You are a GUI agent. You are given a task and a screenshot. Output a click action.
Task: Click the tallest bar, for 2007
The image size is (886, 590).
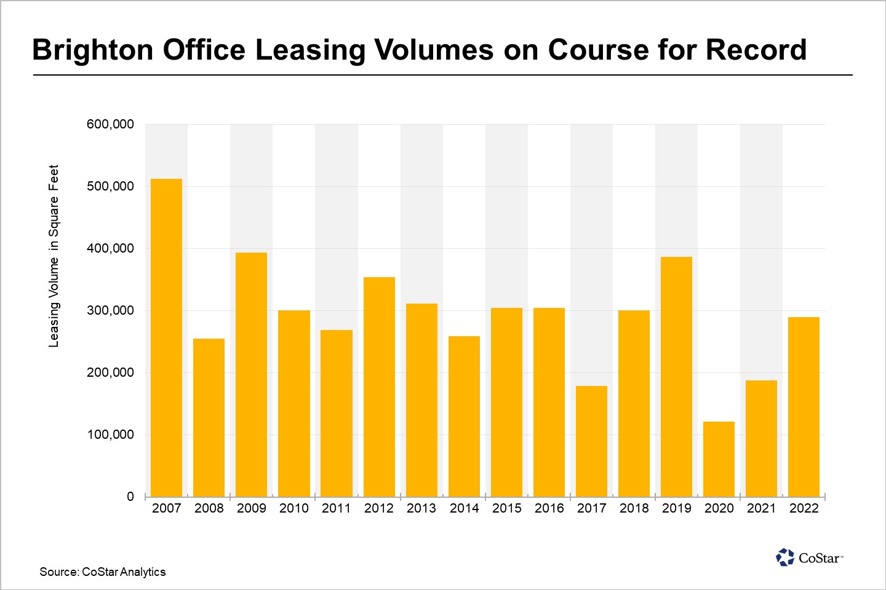[166, 337]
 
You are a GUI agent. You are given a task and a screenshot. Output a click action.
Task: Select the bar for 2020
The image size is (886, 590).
[719, 458]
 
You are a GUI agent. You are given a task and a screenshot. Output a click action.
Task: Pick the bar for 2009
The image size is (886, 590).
[251, 374]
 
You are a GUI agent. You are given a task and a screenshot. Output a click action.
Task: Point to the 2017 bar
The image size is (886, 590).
[591, 441]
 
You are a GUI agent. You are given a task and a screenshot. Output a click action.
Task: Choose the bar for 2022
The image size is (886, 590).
[804, 406]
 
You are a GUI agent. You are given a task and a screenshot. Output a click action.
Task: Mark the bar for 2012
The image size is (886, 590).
[379, 387]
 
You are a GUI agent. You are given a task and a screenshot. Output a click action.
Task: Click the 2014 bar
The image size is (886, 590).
[464, 416]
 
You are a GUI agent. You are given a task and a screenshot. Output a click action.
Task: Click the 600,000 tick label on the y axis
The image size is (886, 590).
[110, 125]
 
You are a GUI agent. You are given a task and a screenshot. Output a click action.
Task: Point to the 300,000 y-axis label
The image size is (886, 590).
[110, 311]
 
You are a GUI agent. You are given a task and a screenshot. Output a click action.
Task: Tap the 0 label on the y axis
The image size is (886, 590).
[130, 497]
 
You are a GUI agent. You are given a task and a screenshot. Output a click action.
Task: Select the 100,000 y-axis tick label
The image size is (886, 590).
[110, 435]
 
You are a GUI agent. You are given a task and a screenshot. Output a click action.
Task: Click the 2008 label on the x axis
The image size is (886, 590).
[209, 508]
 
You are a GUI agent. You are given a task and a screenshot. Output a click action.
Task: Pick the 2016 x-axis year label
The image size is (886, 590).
[549, 508]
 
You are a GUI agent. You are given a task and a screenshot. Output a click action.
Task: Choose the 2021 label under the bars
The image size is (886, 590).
[761, 508]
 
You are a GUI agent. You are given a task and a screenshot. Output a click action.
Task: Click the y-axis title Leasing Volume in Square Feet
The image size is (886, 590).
[54, 256]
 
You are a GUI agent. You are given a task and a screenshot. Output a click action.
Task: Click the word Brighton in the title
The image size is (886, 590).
[92, 50]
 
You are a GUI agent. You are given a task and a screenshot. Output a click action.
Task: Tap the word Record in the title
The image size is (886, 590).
[756, 50]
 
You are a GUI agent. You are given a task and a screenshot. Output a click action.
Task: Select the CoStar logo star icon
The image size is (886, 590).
[785, 557]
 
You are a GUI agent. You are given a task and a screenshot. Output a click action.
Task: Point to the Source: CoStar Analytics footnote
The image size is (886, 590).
[103, 572]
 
